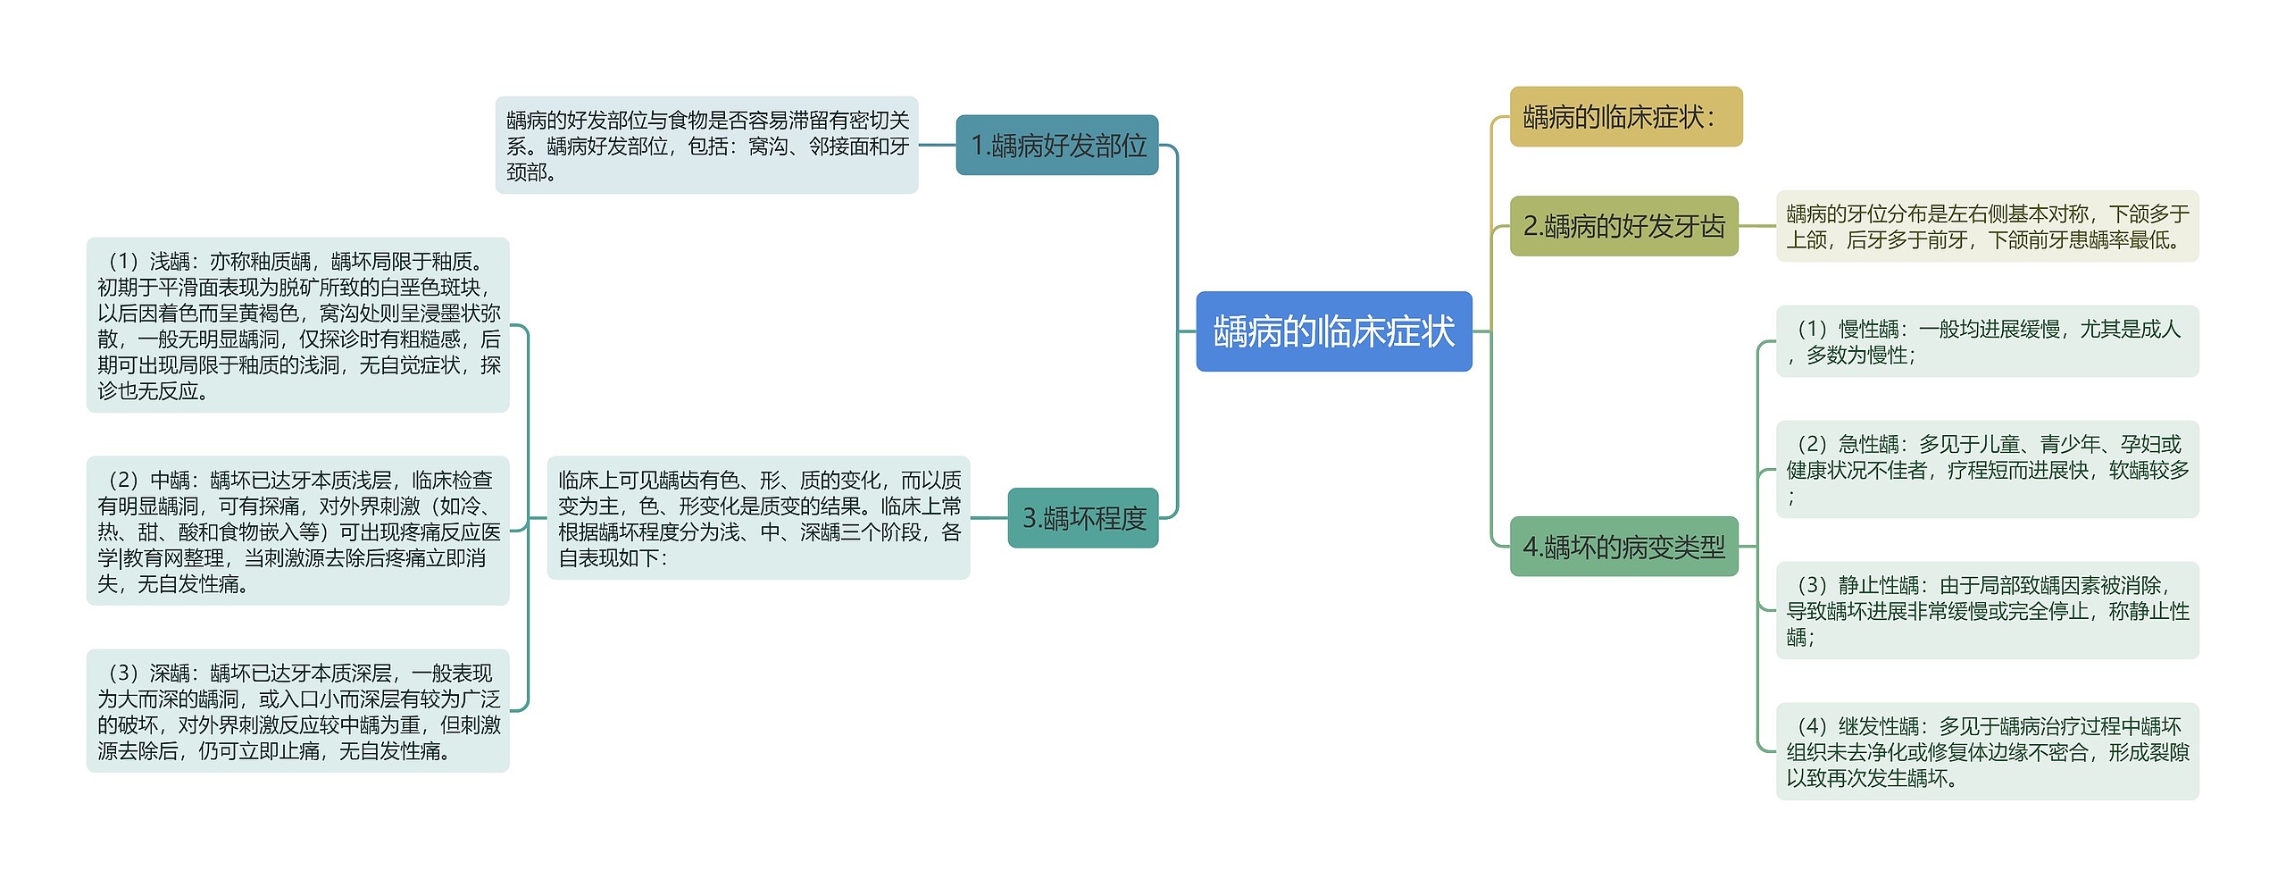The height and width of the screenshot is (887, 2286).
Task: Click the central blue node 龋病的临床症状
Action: [1333, 331]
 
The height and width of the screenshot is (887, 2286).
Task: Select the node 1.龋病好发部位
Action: [1057, 145]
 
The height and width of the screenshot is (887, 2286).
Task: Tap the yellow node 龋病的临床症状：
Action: [1625, 117]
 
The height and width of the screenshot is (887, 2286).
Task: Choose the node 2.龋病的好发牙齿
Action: [1623, 226]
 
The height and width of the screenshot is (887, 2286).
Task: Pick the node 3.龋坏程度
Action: [1083, 518]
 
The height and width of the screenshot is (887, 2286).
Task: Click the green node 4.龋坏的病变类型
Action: [1623, 547]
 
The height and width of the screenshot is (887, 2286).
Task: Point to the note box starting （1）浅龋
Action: [297, 325]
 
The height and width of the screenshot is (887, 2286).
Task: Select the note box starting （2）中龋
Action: [297, 531]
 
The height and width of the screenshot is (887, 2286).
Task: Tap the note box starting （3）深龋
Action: [297, 711]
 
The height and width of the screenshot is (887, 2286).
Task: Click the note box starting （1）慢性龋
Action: [1987, 341]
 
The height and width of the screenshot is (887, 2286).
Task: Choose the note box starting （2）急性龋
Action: [1987, 469]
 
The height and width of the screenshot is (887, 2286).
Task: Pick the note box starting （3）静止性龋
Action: [1987, 611]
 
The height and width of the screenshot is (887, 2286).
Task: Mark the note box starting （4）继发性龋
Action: [1987, 752]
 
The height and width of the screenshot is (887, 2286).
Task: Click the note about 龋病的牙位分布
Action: [1987, 226]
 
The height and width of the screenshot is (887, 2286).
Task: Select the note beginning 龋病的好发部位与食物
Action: [706, 145]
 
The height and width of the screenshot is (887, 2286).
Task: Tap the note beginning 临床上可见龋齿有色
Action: [758, 518]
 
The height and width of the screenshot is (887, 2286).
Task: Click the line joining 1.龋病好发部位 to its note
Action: [937, 145]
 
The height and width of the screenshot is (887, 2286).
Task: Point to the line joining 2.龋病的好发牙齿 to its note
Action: [1757, 226]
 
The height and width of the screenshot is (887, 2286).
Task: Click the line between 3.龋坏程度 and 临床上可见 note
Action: [989, 517]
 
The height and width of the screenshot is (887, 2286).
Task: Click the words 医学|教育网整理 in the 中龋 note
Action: [162, 558]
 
